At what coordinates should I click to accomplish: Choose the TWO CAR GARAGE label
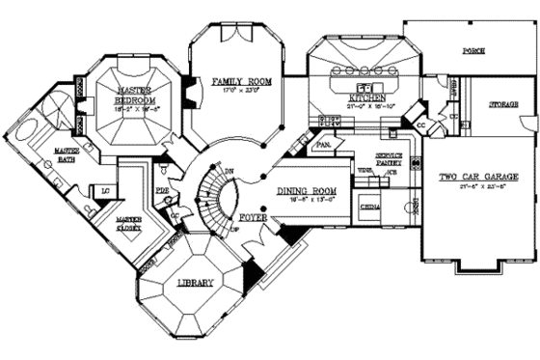[x=473, y=178]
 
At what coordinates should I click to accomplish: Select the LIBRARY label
[x=196, y=282]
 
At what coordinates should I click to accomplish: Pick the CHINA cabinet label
[x=369, y=207]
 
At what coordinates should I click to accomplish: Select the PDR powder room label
[x=162, y=191]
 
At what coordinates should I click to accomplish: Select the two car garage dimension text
[x=473, y=186]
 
